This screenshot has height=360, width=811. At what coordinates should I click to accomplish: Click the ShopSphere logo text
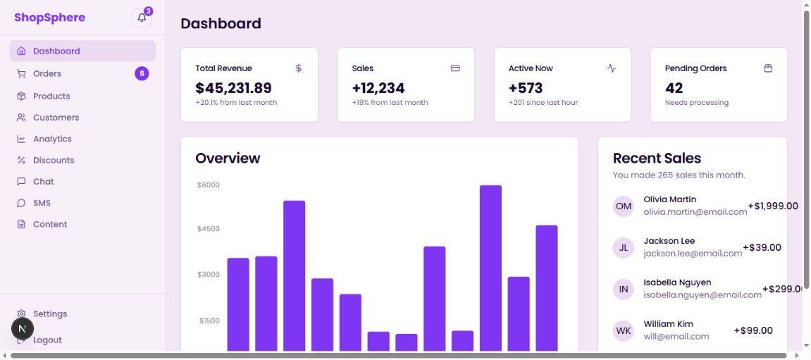click(49, 18)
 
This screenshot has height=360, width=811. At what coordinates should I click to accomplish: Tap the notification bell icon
click(142, 18)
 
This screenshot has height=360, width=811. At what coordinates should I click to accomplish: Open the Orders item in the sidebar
click(47, 74)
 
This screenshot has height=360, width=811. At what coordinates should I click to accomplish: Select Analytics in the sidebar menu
click(52, 139)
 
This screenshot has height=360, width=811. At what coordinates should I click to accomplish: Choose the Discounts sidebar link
click(54, 160)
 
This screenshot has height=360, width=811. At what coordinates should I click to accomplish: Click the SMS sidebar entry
click(42, 203)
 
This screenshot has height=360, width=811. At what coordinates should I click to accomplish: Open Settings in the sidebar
click(50, 314)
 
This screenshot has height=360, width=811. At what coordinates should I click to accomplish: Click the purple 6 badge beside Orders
click(142, 73)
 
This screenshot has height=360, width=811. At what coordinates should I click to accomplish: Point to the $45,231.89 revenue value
click(233, 88)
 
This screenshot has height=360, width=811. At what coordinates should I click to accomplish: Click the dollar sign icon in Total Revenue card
click(298, 68)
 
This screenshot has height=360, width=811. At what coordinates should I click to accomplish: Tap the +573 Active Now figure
click(526, 88)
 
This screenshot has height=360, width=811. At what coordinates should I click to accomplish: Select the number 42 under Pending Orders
click(674, 88)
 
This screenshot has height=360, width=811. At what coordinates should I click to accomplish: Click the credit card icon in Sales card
click(455, 68)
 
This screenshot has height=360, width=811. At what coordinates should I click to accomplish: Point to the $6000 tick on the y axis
click(209, 185)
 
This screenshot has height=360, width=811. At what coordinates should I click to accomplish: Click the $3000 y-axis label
click(209, 274)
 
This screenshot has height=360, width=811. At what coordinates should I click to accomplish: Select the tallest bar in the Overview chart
click(490, 268)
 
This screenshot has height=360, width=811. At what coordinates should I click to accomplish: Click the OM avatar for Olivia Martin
click(624, 206)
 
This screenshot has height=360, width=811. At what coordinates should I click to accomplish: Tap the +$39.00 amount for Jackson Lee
click(762, 247)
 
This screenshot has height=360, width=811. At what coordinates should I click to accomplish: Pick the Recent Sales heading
click(657, 159)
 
